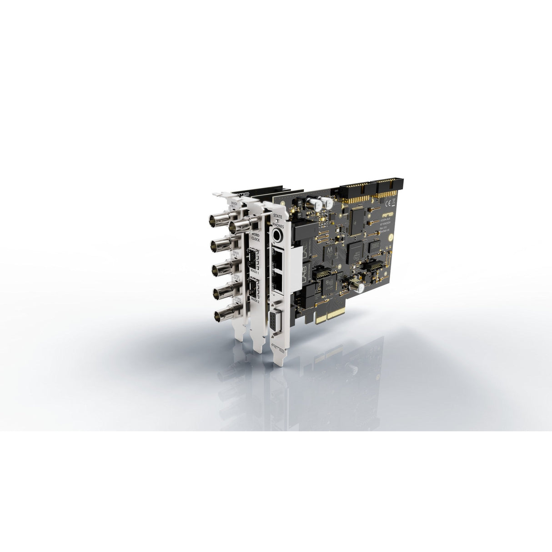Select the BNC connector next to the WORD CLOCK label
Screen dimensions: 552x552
(x=238, y=226)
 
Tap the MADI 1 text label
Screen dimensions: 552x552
(x=253, y=272)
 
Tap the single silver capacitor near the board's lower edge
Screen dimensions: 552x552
(x=355, y=287)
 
